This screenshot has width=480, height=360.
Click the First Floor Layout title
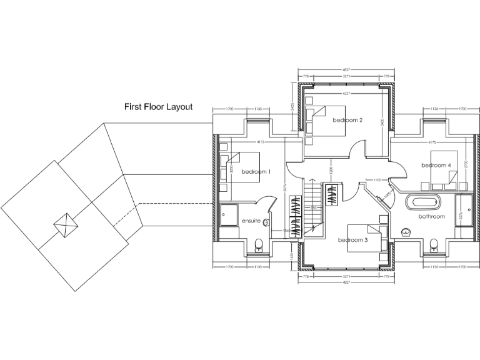tap(159, 107)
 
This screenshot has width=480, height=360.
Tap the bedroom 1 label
tap(256, 171)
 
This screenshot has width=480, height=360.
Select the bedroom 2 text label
tap(347, 119)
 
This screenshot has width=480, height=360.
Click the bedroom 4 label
tap(436, 165)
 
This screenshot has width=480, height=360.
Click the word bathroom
tap(432, 216)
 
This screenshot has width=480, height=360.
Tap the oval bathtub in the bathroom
tap(424, 202)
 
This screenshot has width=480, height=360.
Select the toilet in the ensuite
tap(258, 245)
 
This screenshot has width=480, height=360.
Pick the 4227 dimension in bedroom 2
tap(346, 94)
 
